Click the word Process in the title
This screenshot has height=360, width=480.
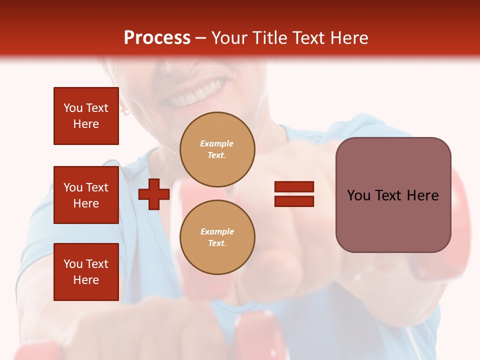point(157,38)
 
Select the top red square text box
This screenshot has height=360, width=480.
point(86,116)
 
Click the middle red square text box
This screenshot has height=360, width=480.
point(86,195)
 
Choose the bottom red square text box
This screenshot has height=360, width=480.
point(86,272)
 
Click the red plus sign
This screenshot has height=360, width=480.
point(154,194)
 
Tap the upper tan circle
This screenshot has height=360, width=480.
point(217,149)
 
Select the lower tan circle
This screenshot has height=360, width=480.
point(217,237)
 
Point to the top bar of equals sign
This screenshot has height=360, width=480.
point(294,187)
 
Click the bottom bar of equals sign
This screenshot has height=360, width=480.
point(294,201)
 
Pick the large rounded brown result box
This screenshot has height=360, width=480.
point(393,195)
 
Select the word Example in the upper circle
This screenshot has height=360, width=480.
point(217,144)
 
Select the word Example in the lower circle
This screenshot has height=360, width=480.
point(217,232)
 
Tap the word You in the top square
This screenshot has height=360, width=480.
point(73,108)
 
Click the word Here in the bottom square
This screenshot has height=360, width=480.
point(86,280)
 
